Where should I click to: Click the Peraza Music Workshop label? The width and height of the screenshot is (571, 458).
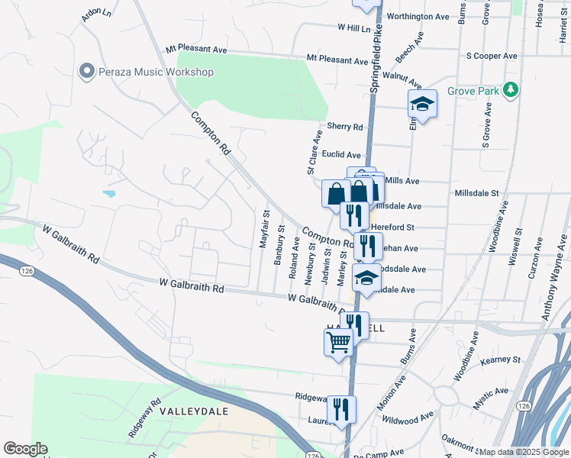coord(156,72)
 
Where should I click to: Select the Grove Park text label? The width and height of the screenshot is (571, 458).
coord(473,92)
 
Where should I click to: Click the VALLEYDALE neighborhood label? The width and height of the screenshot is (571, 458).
coord(189,411)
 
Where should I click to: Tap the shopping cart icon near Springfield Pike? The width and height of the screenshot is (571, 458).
coord(338,341)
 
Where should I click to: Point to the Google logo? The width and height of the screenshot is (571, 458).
coord(25,449)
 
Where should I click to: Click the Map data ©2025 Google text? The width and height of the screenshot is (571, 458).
coord(524,452)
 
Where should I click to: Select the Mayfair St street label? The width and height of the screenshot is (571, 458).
coord(266,228)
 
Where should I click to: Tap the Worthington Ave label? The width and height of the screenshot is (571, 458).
coord(418,16)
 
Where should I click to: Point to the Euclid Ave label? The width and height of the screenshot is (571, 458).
coord(341,154)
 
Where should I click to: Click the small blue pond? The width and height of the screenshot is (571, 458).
coord(108,194)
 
